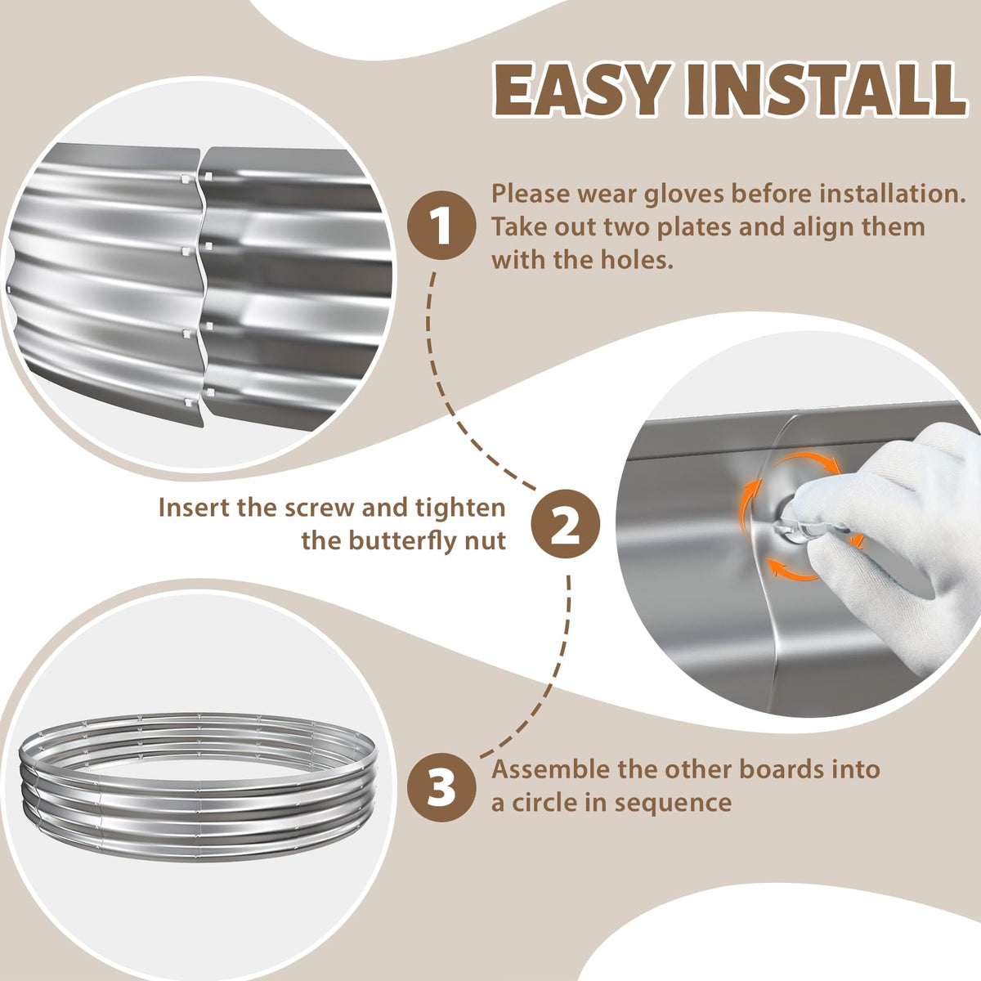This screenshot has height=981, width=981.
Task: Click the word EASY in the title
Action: click(581, 90)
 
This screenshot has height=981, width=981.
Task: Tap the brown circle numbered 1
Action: click(441, 225)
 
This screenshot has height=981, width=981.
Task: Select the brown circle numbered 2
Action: click(566, 523)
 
